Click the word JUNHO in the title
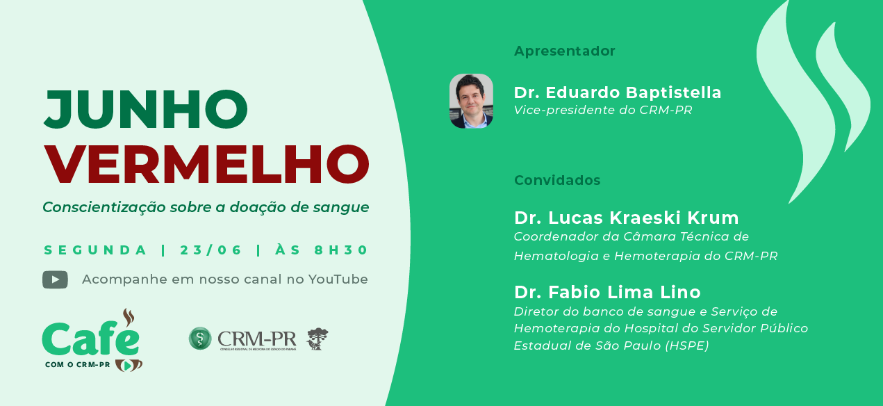pyautogui.click(x=146, y=110)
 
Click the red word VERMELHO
pyautogui.click(x=206, y=165)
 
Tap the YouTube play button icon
pyautogui.click(x=55, y=279)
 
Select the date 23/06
pyautogui.click(x=211, y=250)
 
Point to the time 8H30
pyautogui.click(x=341, y=250)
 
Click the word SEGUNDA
pyautogui.click(x=95, y=250)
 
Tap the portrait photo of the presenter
pyautogui.click(x=471, y=101)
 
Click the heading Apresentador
pyautogui.click(x=565, y=51)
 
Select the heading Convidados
pyautogui.click(x=557, y=180)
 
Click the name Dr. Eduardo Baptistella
pyautogui.click(x=618, y=92)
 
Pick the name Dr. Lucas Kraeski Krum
pyautogui.click(x=627, y=218)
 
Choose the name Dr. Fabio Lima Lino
pyautogui.click(x=607, y=293)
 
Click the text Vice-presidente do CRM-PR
pyautogui.click(x=603, y=110)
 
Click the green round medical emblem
pyautogui.click(x=200, y=339)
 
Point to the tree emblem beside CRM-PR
pyautogui.click(x=317, y=339)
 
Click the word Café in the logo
pyautogui.click(x=91, y=339)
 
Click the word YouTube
pyautogui.click(x=338, y=279)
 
